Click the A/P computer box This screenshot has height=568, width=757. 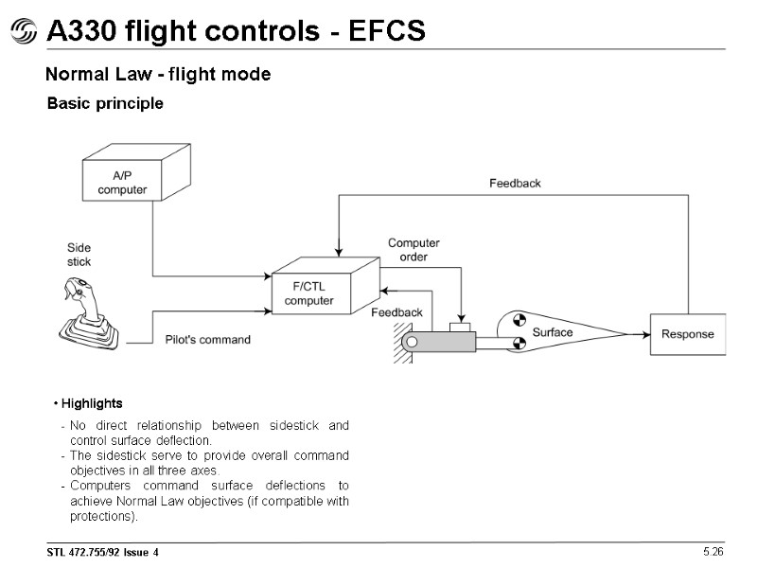click(122, 183)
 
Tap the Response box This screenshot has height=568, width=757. click(687, 333)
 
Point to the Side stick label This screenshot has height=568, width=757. click(79, 254)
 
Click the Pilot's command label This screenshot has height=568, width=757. click(207, 339)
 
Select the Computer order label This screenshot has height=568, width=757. click(414, 250)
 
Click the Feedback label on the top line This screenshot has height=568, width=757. click(515, 183)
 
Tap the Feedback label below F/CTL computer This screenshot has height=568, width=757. click(396, 312)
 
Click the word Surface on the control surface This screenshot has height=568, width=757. click(553, 333)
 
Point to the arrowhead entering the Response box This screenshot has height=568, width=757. click(643, 333)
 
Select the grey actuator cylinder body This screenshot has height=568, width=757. click(441, 341)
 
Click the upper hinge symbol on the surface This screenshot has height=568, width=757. click(518, 320)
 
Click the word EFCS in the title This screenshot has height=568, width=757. click(384, 32)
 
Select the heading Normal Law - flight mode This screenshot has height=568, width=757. click(159, 74)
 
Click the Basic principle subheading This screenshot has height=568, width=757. click(105, 103)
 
